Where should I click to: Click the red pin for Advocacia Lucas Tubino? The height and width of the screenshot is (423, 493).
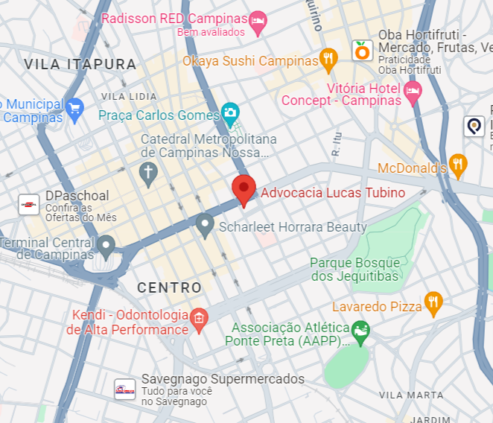click(244, 189)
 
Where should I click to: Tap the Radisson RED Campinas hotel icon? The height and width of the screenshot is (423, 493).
click(258, 21)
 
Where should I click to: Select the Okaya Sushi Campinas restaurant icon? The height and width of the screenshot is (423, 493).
click(328, 60)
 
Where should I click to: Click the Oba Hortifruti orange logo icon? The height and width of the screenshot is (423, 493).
click(362, 51)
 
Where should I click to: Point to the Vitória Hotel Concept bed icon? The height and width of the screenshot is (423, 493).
click(413, 93)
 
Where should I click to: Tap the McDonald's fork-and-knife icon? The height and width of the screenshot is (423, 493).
click(457, 165)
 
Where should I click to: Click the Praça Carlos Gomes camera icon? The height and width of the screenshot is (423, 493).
click(230, 114)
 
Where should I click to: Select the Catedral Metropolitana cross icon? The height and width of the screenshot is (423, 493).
click(148, 174)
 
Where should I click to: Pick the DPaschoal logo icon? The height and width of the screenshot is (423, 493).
click(28, 204)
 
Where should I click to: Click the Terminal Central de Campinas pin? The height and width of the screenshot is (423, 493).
click(106, 245)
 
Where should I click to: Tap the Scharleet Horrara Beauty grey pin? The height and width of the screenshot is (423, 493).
click(205, 224)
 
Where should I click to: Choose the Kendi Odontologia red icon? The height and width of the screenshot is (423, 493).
click(198, 319)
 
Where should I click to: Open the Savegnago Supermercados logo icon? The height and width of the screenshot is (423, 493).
click(124, 389)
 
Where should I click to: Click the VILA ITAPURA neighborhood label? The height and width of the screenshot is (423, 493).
click(80, 65)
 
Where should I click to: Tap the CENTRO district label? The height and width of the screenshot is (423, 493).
click(169, 287)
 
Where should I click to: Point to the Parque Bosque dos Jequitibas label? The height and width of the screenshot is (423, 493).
click(355, 270)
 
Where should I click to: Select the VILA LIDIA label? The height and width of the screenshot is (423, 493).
click(129, 97)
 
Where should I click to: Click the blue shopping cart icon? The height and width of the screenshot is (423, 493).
click(74, 109)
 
